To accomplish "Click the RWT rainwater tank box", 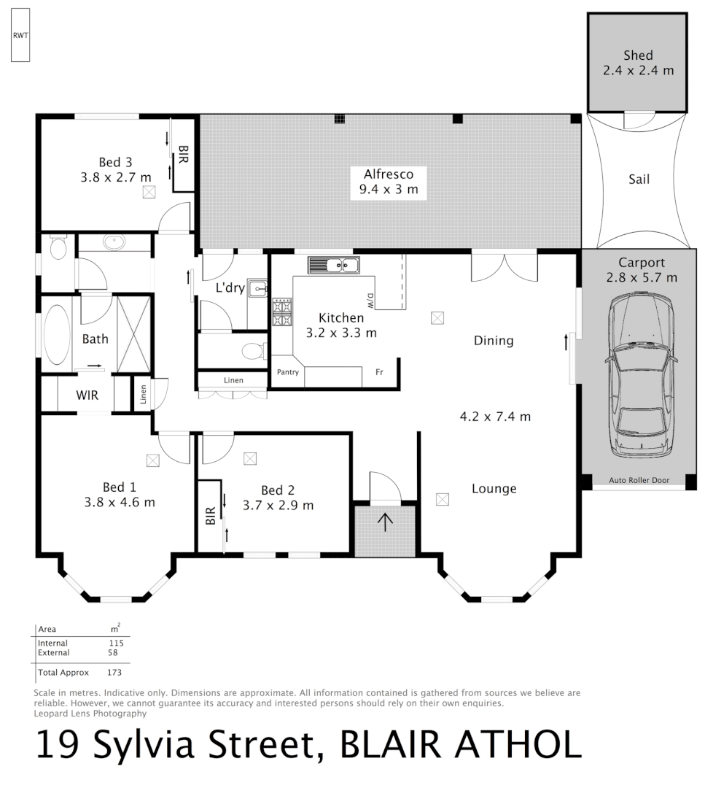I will coord(20,36).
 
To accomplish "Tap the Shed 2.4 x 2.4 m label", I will coord(638,63).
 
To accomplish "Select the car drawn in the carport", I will coord(639,375).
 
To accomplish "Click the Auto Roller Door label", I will coord(639,481).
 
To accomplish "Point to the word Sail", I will coord(639,179).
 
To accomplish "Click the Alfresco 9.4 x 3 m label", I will coord(389,182).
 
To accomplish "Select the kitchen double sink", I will coord(333,265).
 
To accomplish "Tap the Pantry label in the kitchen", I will coord(287,372).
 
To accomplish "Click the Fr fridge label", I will coord(379,372).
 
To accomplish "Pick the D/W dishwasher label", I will coord(370,299).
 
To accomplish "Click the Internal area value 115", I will coord(116,643).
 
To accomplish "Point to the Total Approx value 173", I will coord(114,672).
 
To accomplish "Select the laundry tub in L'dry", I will coord(257,290).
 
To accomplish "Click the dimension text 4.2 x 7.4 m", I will coord(494,417).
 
